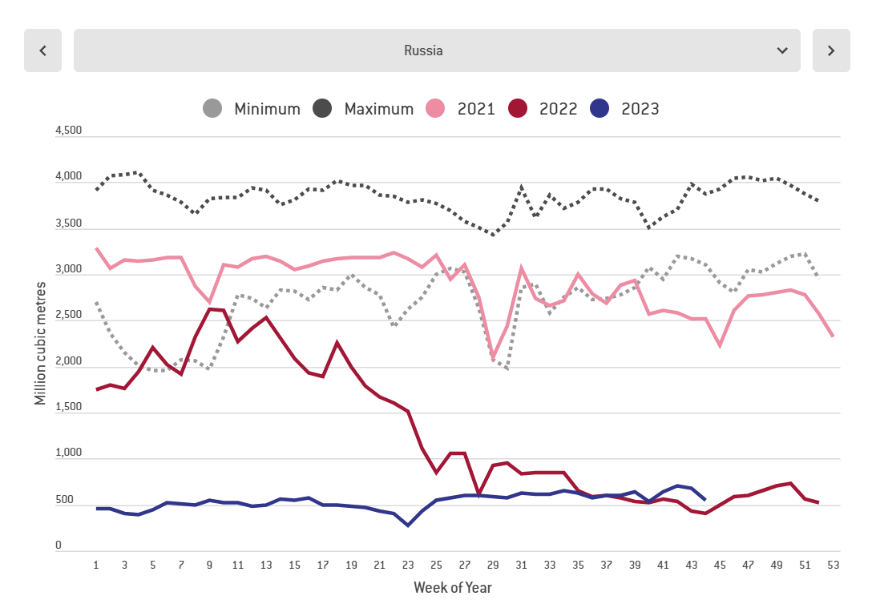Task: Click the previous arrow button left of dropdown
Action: (x=42, y=50)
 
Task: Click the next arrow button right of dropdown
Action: (x=831, y=50)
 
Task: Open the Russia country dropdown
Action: (x=437, y=50)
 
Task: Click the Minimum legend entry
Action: (x=253, y=109)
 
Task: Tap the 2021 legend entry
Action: (x=461, y=109)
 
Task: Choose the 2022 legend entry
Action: (x=543, y=109)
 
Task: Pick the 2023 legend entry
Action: (x=625, y=109)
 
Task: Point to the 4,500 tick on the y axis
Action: (x=69, y=131)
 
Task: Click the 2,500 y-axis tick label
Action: (x=69, y=315)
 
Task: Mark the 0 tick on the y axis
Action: (x=59, y=545)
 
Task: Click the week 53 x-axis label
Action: (x=834, y=565)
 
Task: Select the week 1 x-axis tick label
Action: (x=96, y=565)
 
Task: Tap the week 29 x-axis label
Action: (x=493, y=565)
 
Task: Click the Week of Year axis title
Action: (x=453, y=588)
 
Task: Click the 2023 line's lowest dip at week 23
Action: (x=408, y=525)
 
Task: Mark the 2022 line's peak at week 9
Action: (x=209, y=309)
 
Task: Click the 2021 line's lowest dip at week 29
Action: (x=493, y=359)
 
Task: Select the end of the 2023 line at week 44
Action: (x=704, y=500)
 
